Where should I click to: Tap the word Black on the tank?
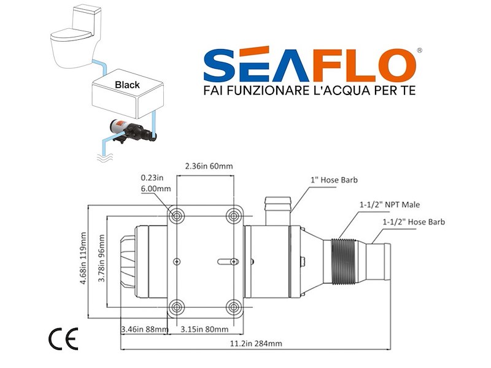[x=128, y=85]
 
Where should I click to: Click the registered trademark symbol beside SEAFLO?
[x=419, y=51]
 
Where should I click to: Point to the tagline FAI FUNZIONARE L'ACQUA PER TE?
[x=309, y=90]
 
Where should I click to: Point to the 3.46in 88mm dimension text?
[x=144, y=329]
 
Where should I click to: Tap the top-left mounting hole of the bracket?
[x=177, y=215]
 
